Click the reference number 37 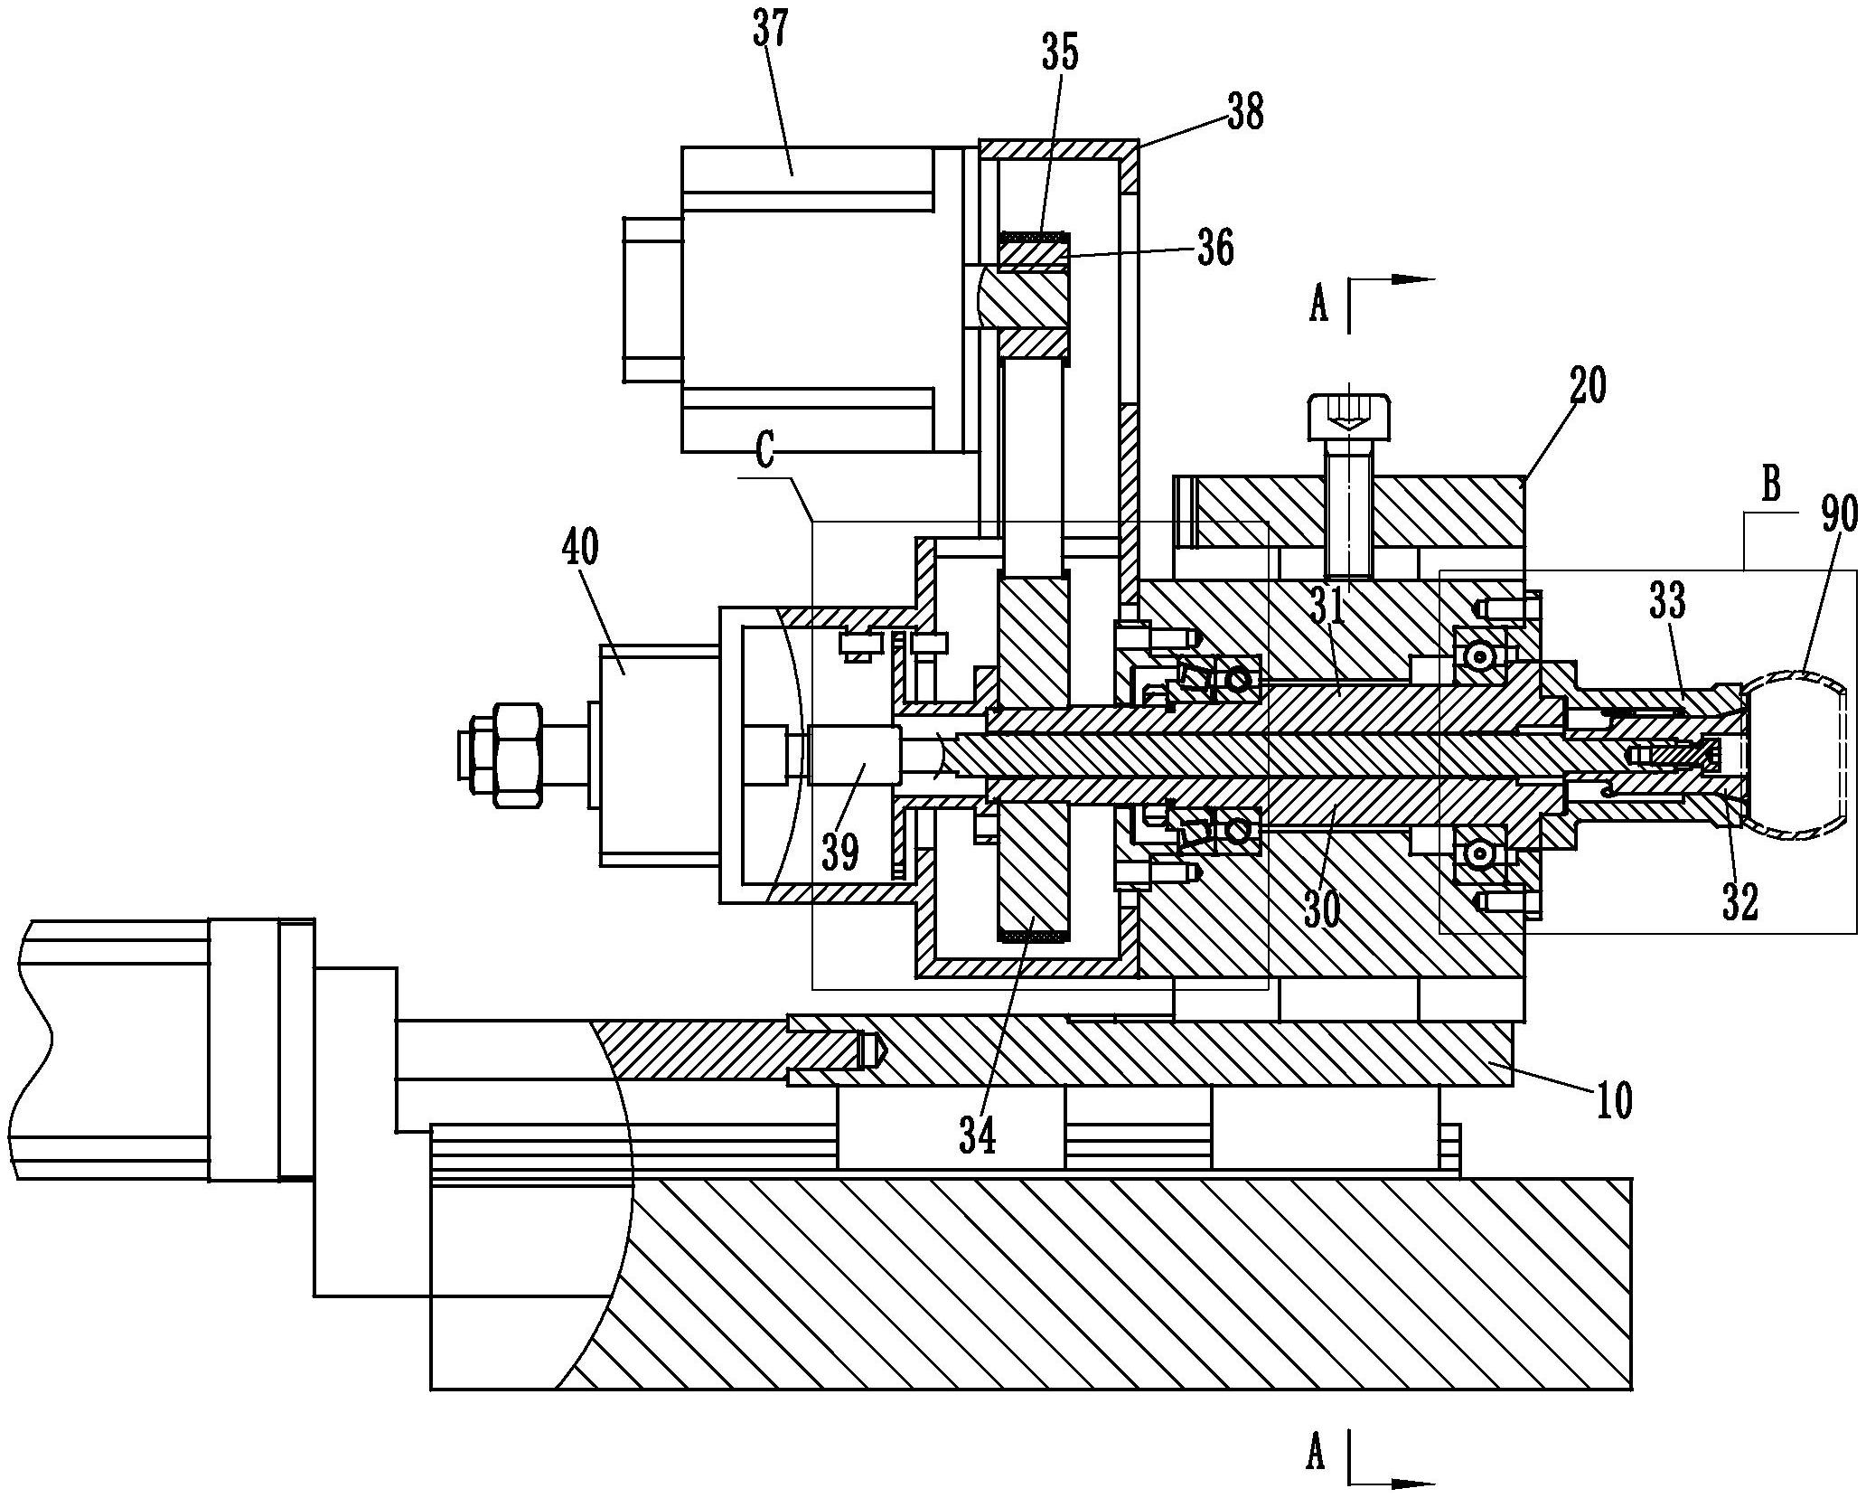point(771,33)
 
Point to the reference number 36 point(1215,248)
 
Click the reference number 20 point(1589,387)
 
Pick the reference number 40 point(580,551)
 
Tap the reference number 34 point(978,1135)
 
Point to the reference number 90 point(1838,516)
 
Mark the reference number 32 point(1739,901)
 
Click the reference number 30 point(1322,909)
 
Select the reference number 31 point(1328,608)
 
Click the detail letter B point(1771,485)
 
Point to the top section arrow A point(1320,306)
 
